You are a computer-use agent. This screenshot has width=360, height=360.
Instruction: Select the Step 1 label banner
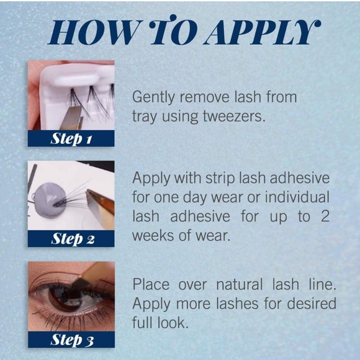pos(71,138)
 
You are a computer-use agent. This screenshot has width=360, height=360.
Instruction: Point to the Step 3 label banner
pos(71,340)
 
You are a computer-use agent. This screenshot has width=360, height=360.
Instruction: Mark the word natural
pos(246,285)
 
